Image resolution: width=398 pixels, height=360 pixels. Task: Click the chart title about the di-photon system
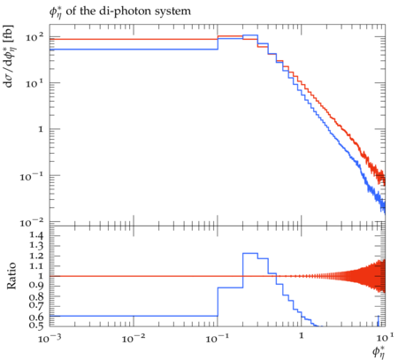tap(120, 11)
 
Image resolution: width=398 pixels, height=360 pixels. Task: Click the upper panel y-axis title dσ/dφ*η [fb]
tap(9, 56)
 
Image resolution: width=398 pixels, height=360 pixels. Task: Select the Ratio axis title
tap(11, 276)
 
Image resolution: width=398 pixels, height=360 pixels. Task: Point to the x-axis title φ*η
tap(379, 351)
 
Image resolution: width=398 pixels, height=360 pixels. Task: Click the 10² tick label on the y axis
tap(34, 37)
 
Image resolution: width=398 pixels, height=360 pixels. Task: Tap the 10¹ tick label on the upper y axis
tap(34, 83)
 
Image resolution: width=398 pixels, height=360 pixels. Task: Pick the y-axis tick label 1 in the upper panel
tap(41, 129)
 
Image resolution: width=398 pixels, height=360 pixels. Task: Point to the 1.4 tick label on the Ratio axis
tap(36, 235)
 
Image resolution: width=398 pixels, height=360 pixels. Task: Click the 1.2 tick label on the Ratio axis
tap(36, 256)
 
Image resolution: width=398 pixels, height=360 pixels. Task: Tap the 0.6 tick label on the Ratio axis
tap(36, 317)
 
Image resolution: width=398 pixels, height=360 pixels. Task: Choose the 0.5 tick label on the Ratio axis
tap(36, 325)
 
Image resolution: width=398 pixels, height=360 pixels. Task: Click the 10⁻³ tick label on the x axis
tap(50, 338)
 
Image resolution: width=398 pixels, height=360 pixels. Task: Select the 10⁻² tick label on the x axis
tap(134, 338)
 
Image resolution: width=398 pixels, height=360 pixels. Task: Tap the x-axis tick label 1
tap(302, 335)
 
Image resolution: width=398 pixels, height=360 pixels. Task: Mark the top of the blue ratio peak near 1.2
tap(250, 253)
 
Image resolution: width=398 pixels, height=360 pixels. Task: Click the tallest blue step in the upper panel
tap(250, 35)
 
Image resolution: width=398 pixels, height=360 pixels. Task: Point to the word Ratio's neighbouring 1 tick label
tap(41, 276)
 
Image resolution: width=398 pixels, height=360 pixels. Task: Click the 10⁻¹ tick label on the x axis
tap(218, 338)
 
